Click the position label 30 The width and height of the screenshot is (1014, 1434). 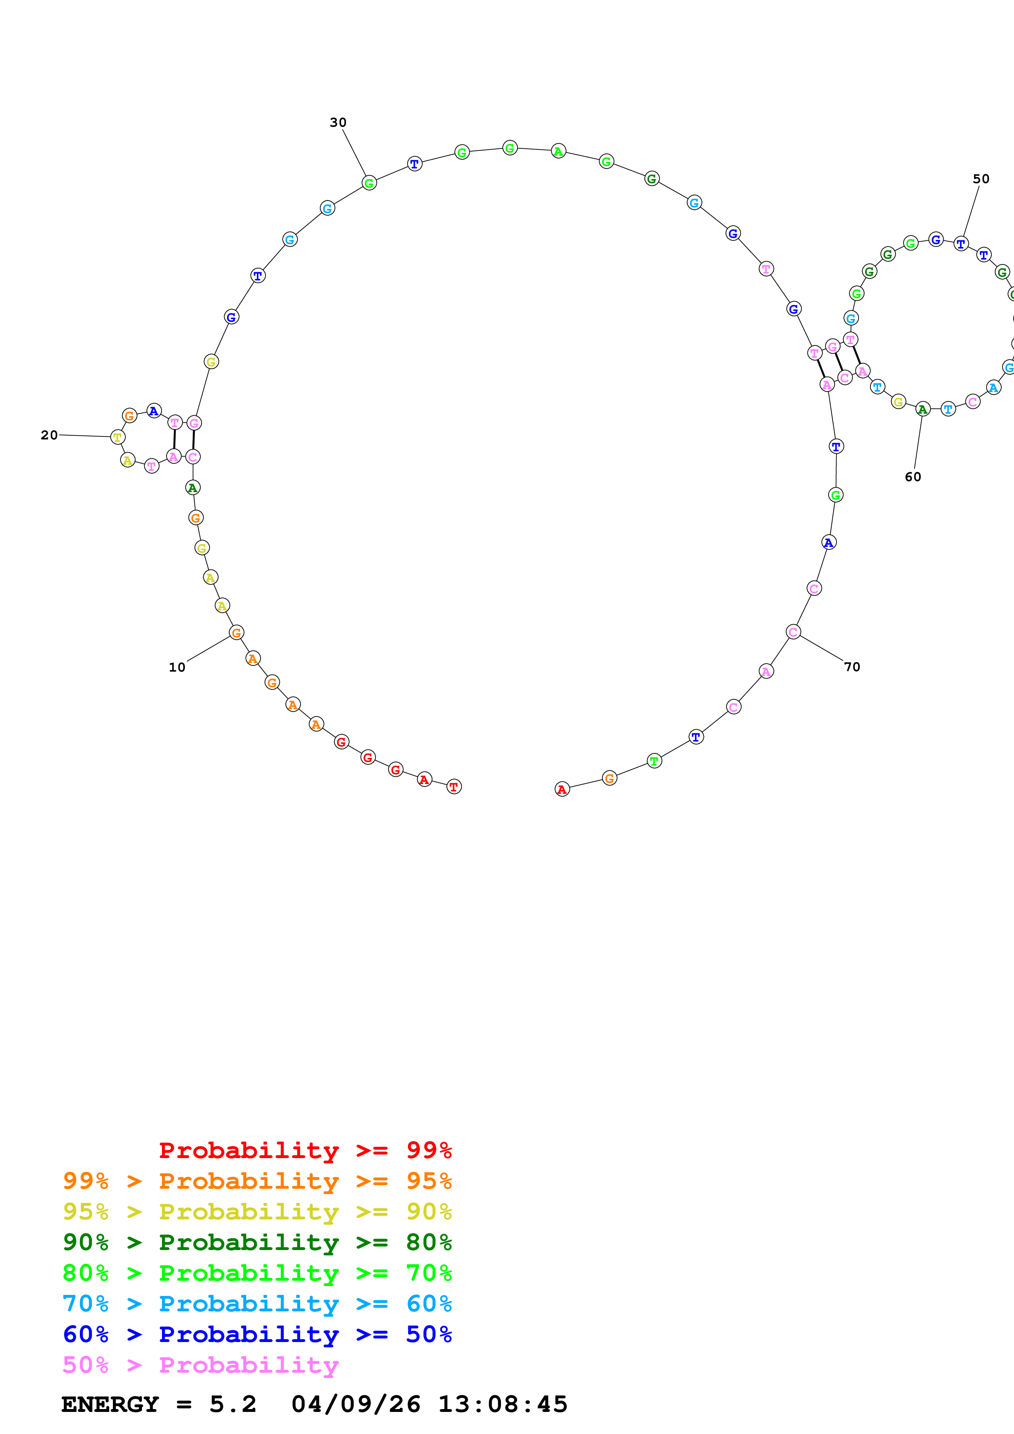(x=338, y=122)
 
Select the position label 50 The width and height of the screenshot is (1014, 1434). (x=981, y=179)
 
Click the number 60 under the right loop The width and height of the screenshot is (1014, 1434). (x=913, y=477)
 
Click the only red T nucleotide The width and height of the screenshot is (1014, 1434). (x=454, y=786)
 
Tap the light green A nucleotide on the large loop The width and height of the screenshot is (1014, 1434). (x=559, y=151)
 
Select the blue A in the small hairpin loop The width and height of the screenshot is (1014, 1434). (x=154, y=411)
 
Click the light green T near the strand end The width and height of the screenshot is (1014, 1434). (x=654, y=761)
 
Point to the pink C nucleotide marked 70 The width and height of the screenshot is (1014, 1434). (x=793, y=632)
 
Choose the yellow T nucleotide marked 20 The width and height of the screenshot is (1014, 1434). (x=117, y=437)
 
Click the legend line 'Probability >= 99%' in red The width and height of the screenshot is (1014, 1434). (x=306, y=1150)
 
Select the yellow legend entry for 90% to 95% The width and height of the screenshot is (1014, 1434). (x=257, y=1212)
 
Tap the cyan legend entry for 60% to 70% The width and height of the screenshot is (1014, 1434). (x=257, y=1304)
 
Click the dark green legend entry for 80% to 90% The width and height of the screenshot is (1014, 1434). (x=257, y=1242)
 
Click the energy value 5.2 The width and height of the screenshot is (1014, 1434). (x=232, y=1404)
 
